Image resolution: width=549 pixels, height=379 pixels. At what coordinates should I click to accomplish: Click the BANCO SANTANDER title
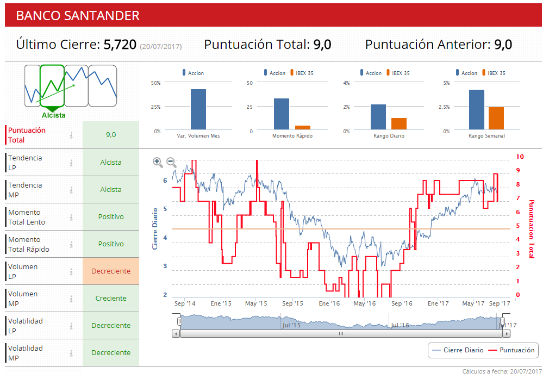(x=78, y=16)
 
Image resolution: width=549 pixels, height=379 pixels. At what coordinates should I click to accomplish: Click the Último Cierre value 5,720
(x=120, y=45)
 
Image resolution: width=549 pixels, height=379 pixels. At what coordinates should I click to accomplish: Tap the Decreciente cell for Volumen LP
(x=111, y=271)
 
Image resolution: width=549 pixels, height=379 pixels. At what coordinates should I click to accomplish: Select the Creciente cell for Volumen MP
(x=111, y=299)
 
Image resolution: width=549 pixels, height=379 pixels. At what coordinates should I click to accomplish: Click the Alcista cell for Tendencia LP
(x=111, y=163)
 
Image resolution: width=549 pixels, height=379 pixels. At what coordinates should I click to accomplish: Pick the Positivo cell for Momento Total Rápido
(x=111, y=244)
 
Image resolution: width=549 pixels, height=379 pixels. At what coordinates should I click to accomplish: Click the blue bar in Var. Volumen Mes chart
(x=198, y=109)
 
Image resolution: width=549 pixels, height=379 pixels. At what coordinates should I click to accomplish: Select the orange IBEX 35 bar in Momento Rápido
(x=303, y=128)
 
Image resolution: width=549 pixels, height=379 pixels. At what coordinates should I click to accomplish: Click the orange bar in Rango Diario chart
(x=399, y=124)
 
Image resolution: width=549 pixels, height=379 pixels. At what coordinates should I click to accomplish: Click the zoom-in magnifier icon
(x=158, y=161)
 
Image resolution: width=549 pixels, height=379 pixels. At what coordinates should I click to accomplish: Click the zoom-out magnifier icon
(x=171, y=161)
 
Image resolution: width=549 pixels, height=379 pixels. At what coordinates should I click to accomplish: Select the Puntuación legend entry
(x=511, y=350)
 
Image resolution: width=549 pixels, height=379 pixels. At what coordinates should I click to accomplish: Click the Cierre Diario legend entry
(x=458, y=350)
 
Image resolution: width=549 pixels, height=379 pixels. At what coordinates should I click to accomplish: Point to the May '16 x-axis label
(x=364, y=303)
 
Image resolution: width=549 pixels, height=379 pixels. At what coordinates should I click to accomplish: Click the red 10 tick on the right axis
(x=520, y=157)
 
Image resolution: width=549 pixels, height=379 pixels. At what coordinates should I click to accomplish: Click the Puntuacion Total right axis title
(x=532, y=228)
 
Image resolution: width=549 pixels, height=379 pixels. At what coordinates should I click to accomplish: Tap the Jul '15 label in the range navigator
(x=291, y=325)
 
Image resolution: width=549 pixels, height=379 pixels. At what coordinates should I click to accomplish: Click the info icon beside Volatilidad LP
(x=71, y=326)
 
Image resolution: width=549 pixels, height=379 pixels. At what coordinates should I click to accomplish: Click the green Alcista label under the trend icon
(x=54, y=115)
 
